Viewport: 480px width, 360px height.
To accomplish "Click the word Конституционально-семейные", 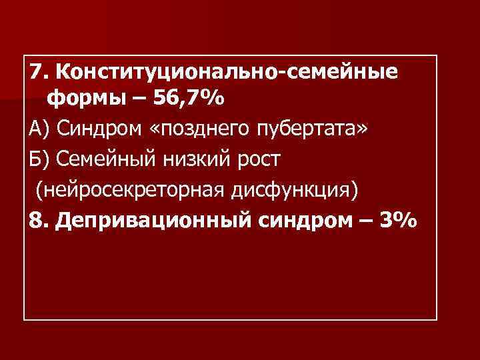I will [x=227, y=71].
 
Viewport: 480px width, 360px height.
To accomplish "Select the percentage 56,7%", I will [x=189, y=99].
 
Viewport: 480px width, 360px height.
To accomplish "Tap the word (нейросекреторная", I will [x=133, y=190].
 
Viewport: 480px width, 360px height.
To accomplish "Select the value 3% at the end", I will [x=399, y=220].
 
